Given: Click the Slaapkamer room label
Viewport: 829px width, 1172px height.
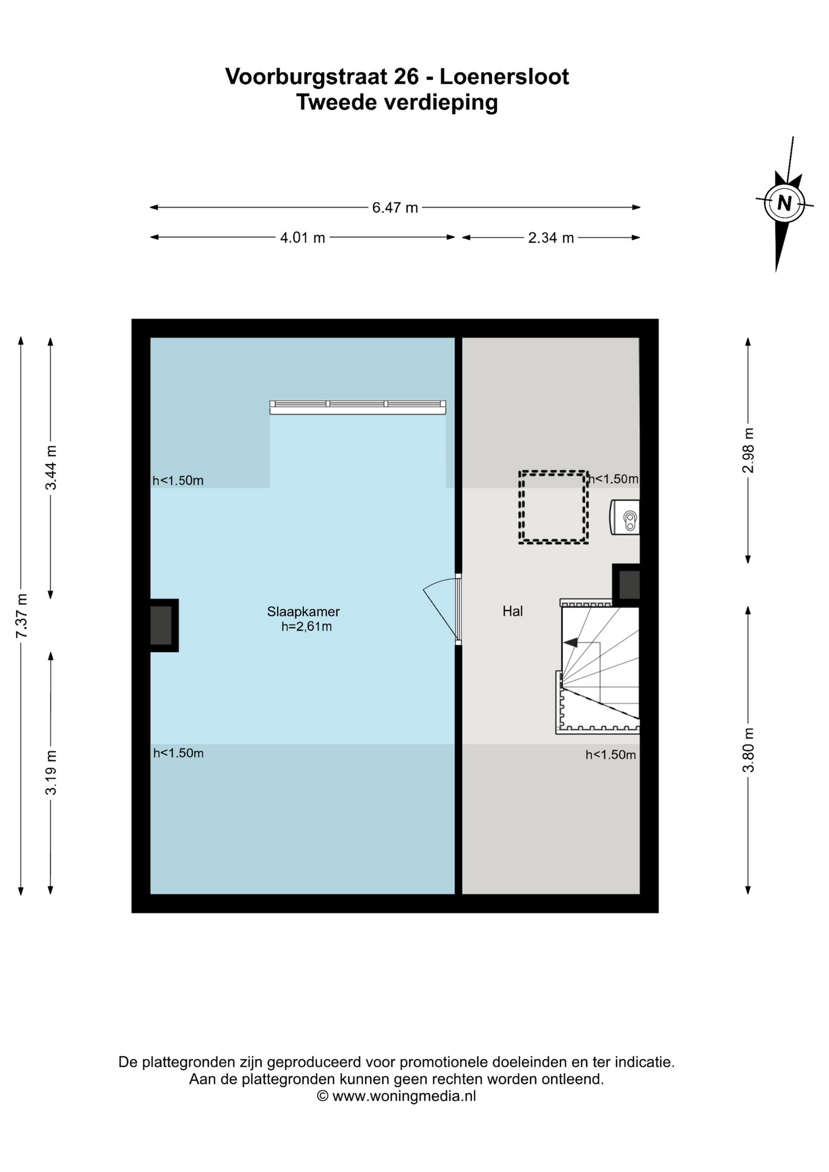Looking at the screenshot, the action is tap(303, 612).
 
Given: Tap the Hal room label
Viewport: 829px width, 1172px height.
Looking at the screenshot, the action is tap(513, 611).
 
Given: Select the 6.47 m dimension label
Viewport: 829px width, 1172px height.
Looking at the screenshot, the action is tap(395, 208).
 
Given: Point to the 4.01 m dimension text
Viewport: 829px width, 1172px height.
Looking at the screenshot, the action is tap(302, 237).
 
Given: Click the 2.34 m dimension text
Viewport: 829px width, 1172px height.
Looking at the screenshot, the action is tap(551, 237).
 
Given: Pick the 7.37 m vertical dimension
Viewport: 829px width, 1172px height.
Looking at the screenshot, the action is tap(21, 616).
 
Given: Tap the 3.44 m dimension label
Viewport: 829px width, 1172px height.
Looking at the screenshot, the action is tap(51, 468).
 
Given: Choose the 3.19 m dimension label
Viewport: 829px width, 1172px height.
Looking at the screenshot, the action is tap(51, 772).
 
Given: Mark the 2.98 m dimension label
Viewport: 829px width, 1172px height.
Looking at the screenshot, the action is tap(748, 450).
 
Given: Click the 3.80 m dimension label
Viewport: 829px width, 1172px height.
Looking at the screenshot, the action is tap(748, 750).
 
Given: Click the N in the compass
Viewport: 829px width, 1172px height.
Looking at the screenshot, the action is tap(784, 203).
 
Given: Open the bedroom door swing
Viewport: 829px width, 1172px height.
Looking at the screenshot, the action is tap(441, 608).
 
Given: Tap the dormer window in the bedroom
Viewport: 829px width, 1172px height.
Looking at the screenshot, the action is tap(358, 407).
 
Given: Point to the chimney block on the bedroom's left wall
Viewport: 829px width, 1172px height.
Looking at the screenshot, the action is tap(164, 626).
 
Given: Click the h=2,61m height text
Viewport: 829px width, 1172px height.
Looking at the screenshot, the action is tap(306, 627).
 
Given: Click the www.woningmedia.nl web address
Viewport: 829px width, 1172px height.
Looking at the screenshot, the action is tap(404, 1096).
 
